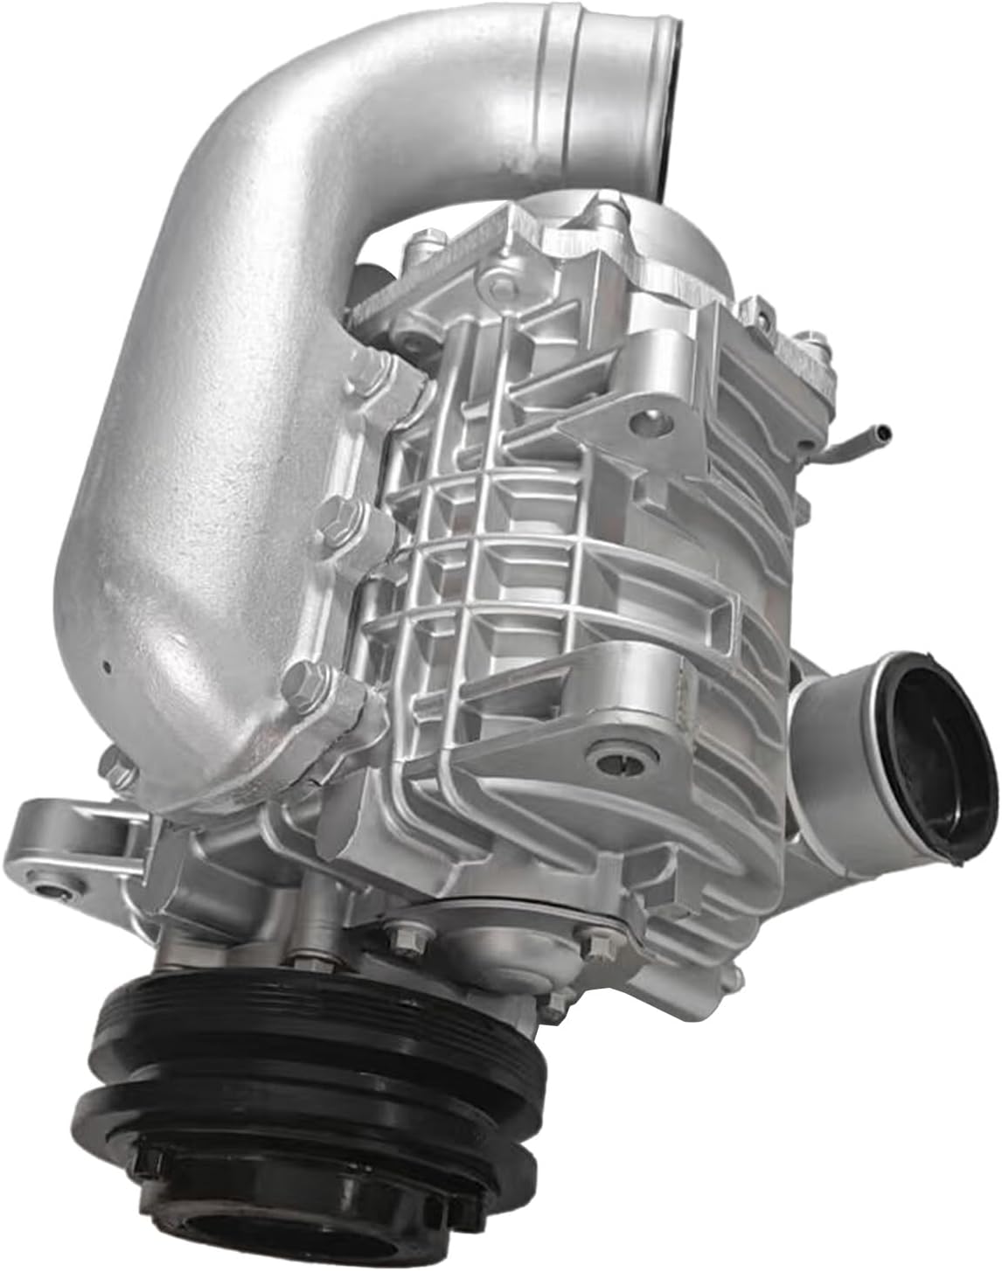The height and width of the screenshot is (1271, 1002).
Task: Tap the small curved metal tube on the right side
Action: (861, 437)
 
